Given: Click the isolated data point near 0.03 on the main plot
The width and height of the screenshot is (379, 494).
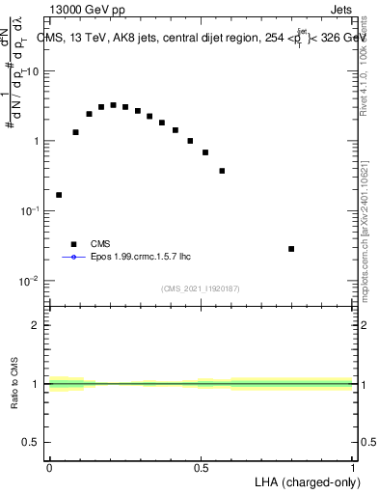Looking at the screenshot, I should tap(59, 195).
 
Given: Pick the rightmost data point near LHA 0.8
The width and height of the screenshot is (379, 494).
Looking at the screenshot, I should tap(291, 249).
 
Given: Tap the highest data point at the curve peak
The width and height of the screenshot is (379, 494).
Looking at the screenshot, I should tap(113, 105).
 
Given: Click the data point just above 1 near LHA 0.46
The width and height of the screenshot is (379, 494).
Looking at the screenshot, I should tap(190, 141).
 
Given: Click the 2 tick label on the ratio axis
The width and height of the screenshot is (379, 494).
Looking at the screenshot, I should tap(38, 325).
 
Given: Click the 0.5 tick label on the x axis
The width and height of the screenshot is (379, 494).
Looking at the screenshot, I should tap(201, 467).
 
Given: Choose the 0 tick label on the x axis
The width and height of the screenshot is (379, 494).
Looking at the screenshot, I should tap(49, 467).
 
